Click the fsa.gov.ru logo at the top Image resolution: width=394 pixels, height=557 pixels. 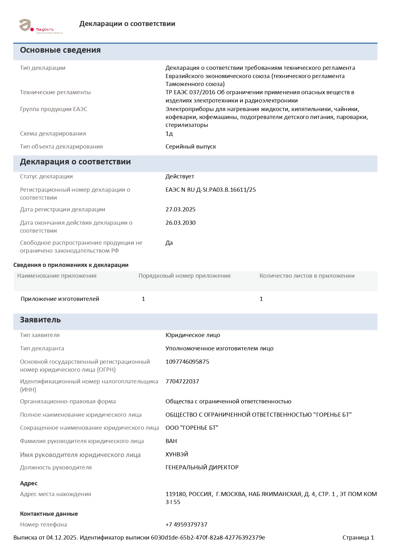pyautogui.click(x=41, y=26)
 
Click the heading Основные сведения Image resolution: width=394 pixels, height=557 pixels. pyautogui.click(x=60, y=50)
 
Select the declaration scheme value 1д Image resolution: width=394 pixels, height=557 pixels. pyautogui.click(x=169, y=134)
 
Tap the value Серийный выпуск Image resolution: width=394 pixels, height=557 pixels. pyautogui.click(x=191, y=147)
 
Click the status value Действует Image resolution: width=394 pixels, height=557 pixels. pyautogui.click(x=180, y=176)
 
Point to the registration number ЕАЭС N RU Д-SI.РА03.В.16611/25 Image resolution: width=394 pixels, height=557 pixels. pyautogui.click(x=211, y=190)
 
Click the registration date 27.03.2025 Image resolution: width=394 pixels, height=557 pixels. pyautogui.click(x=180, y=209)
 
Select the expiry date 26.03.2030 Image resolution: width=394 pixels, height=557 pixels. pyautogui.click(x=180, y=223)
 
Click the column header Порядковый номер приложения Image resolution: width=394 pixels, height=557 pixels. pyautogui.click(x=184, y=276)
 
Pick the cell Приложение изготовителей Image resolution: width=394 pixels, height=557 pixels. pyautogui.click(x=60, y=299)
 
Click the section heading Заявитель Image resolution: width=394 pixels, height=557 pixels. pyautogui.click(x=40, y=320)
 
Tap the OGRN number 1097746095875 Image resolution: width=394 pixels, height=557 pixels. pyautogui.click(x=187, y=362)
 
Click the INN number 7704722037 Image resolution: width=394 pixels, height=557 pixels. pyautogui.click(x=182, y=381)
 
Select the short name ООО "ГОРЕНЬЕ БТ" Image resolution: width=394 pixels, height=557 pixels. pyautogui.click(x=192, y=428)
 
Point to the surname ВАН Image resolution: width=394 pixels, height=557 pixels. pyautogui.click(x=171, y=441)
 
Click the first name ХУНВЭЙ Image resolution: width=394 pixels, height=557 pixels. pyautogui.click(x=177, y=454)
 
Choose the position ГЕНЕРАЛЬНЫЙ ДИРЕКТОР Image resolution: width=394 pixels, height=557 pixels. pyautogui.click(x=202, y=467)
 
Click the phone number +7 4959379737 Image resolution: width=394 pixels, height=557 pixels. pyautogui.click(x=186, y=525)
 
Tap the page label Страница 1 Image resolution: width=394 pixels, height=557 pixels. pyautogui.click(x=358, y=538)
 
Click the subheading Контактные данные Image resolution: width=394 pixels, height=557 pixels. pyautogui.click(x=49, y=514)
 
